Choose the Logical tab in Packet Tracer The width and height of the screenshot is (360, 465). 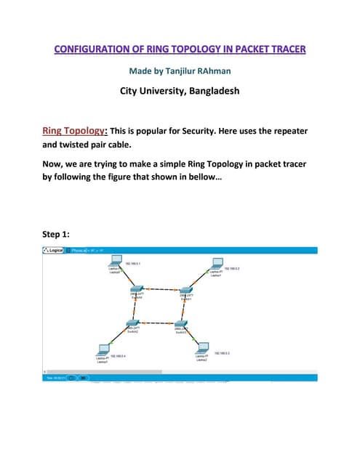[56, 251]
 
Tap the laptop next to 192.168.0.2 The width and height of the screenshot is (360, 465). [216, 264]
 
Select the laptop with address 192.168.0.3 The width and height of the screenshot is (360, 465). [203, 349]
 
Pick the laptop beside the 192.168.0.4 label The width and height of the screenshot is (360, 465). [102, 349]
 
